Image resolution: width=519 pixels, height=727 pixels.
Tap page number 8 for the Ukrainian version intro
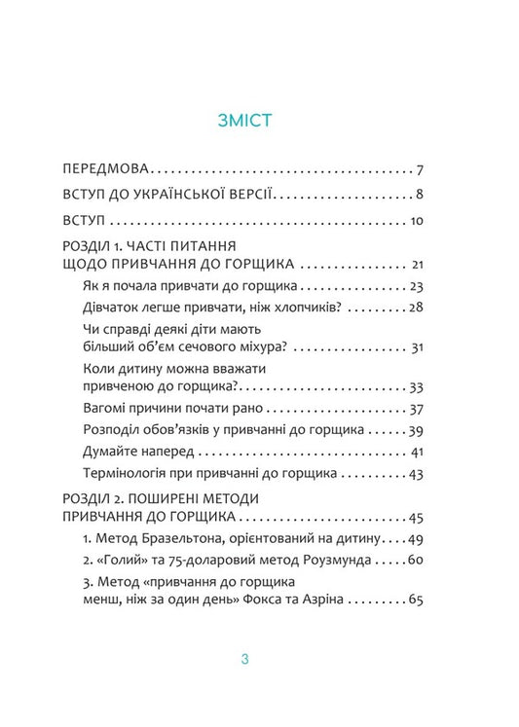[x=417, y=194]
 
